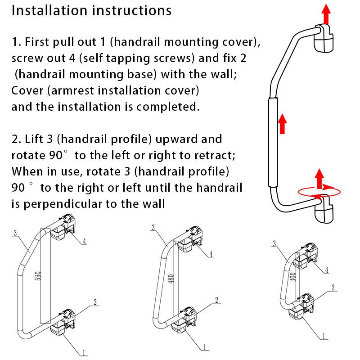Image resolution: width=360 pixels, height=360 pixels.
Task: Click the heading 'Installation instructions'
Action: point(91,11)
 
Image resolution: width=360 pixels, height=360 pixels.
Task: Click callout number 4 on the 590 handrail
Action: point(84,241)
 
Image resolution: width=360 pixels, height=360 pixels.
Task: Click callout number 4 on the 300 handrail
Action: point(327,270)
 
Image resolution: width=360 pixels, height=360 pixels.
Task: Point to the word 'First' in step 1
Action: point(41,43)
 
